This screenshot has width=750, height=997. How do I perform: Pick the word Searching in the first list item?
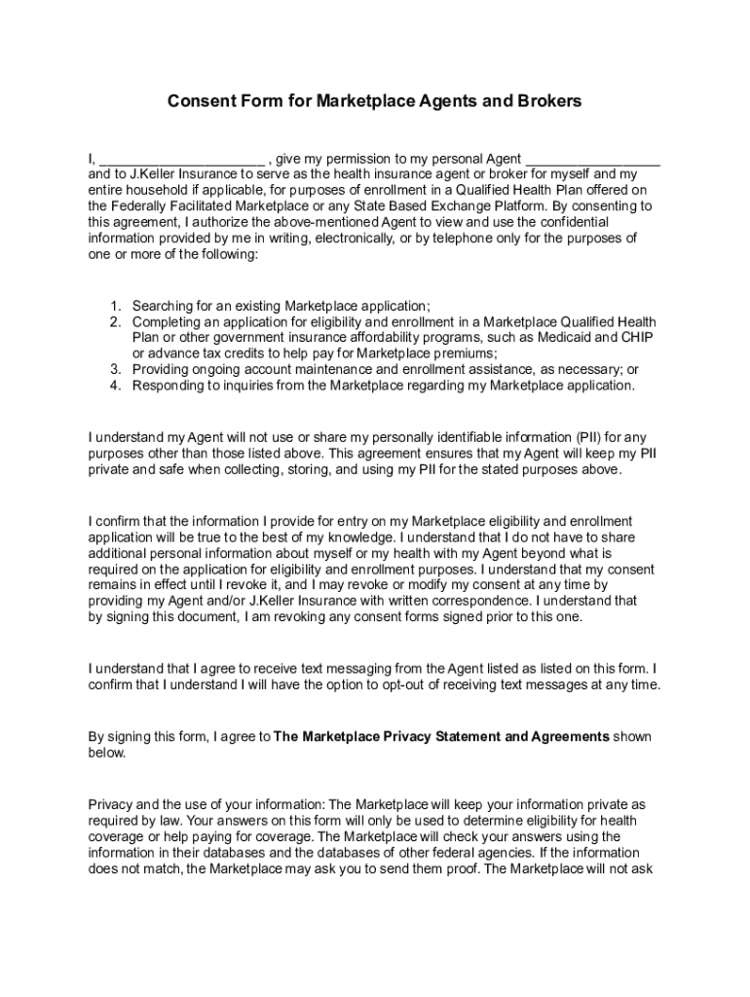tap(163, 306)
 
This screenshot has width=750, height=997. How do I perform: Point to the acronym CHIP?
tap(640, 338)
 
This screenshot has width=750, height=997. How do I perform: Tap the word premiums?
tap(463, 353)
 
